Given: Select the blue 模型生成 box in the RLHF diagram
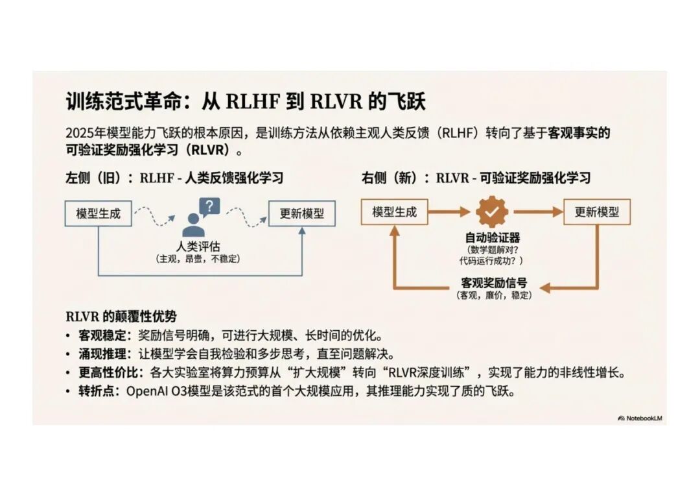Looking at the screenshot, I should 98,213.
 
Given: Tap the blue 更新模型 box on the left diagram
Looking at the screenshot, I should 301,213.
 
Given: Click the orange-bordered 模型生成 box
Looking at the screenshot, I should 394,211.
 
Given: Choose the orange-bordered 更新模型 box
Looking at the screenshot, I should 597,211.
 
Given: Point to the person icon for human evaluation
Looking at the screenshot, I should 193,224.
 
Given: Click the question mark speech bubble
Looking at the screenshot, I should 209,207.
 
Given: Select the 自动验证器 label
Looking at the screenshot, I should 493,238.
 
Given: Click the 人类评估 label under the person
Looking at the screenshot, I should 198,247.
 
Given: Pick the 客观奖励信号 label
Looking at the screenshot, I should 494,283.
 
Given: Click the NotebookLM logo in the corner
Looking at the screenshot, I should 640,418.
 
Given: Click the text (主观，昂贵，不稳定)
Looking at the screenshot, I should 198,259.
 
